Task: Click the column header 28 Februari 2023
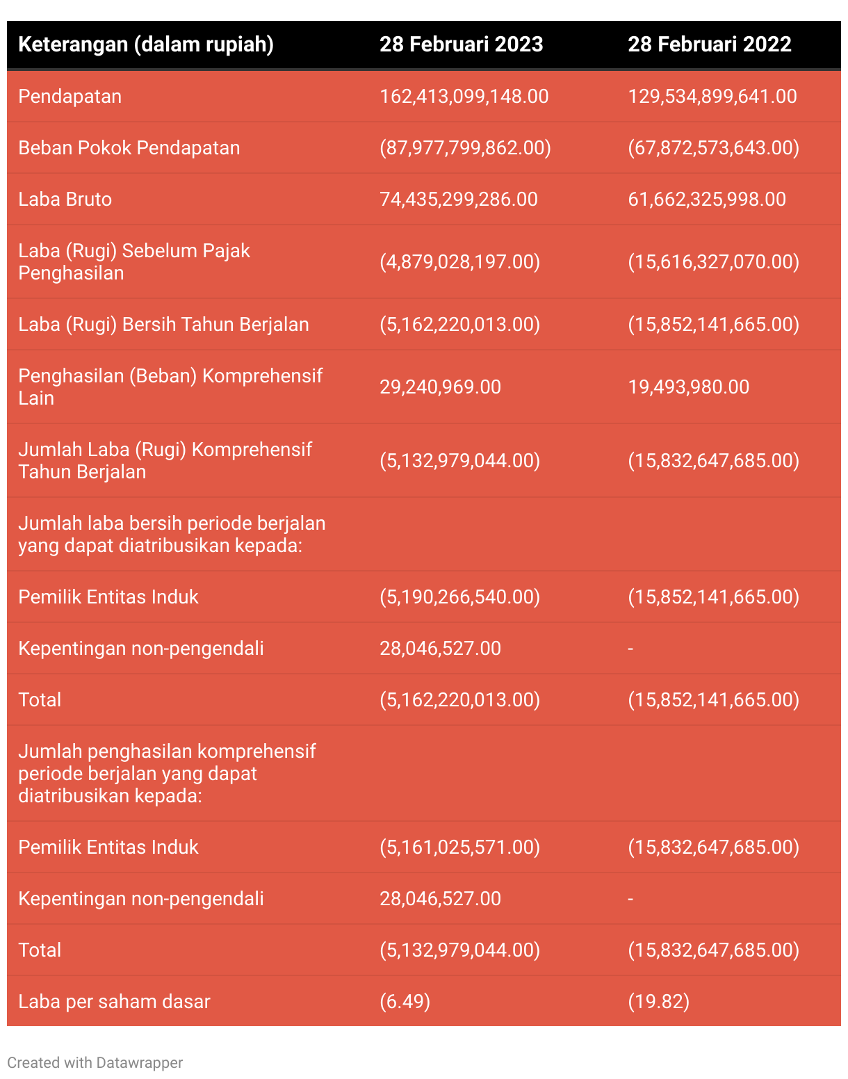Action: click(x=461, y=44)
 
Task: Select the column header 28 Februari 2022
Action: click(x=710, y=44)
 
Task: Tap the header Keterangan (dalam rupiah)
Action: click(x=146, y=44)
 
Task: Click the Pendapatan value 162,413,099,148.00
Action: click(x=464, y=97)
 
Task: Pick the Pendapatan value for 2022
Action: click(x=712, y=97)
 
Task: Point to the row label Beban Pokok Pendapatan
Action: click(x=129, y=148)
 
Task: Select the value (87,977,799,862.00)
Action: click(x=465, y=148)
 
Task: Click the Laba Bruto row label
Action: click(x=65, y=200)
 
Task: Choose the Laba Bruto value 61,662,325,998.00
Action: click(x=707, y=200)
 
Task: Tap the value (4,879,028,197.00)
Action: click(x=459, y=262)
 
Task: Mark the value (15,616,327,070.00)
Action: click(x=714, y=262)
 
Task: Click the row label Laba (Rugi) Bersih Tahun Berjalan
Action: click(x=163, y=325)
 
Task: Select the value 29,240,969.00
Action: click(x=440, y=387)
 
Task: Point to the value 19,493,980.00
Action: click(x=689, y=387)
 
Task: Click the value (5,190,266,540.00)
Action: click(x=459, y=597)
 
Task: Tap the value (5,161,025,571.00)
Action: click(x=459, y=847)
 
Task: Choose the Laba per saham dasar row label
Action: click(x=114, y=1002)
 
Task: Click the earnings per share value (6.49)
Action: click(x=405, y=1002)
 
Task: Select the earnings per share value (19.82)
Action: click(x=659, y=1002)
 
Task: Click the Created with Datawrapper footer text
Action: click(x=95, y=1063)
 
